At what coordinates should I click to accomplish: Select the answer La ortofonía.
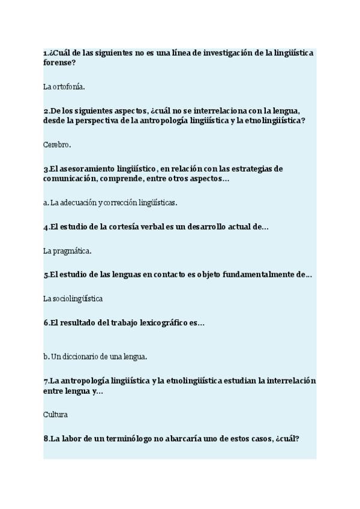click(64, 86)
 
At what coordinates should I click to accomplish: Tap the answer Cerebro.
click(58, 145)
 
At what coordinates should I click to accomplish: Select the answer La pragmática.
click(67, 250)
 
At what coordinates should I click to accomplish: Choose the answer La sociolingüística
click(73, 298)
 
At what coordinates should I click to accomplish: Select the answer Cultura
click(56, 414)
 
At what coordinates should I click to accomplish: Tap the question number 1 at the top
click(46, 53)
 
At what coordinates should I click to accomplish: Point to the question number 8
click(46, 439)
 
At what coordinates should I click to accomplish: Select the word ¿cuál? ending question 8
click(287, 439)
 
